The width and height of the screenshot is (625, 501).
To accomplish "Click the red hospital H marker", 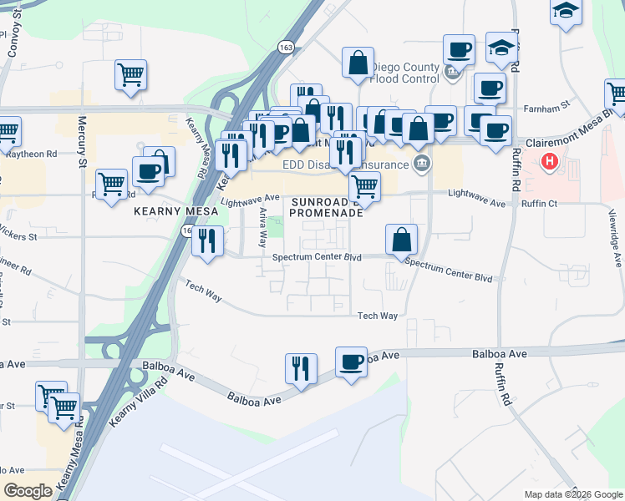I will pyautogui.click(x=550, y=161).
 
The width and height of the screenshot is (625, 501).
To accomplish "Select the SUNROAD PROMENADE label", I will pyautogui.click(x=326, y=207).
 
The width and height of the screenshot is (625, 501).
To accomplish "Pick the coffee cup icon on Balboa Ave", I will pyautogui.click(x=351, y=362).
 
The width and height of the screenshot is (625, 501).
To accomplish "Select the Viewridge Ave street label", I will pyautogui.click(x=617, y=237).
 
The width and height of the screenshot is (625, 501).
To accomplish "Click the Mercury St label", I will pyautogui.click(x=83, y=150).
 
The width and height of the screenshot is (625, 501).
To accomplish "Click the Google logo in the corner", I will pyautogui.click(x=28, y=491).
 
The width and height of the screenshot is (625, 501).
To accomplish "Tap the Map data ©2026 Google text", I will pyautogui.click(x=573, y=494).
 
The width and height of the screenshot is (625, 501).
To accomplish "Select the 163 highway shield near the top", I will pyautogui.click(x=287, y=47).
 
